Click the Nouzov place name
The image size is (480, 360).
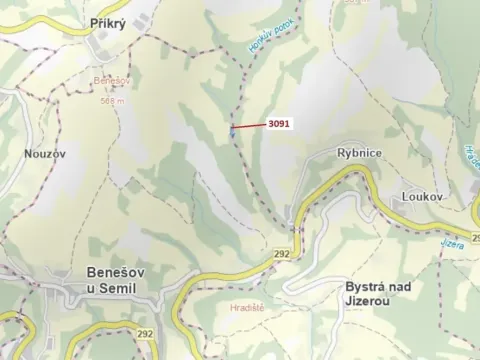pos(44,155)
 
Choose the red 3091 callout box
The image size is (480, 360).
pos(279,125)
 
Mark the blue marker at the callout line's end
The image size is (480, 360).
pos(233,127)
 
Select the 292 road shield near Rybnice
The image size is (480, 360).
pos(282,254)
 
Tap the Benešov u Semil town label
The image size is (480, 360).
pos(110,281)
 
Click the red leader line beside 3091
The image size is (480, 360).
pos(250,126)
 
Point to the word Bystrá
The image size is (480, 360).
pos(366,286)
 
